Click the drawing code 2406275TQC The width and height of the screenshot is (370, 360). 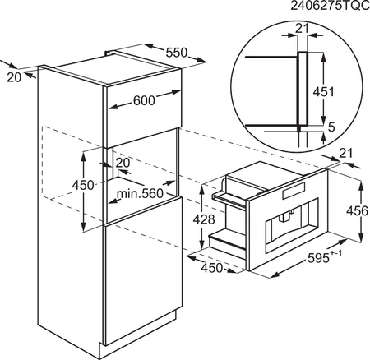330,6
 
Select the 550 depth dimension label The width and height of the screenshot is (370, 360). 176,53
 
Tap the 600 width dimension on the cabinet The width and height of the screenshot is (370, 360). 144,100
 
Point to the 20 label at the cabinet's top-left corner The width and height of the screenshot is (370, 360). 14,77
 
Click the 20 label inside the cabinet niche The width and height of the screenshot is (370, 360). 123,163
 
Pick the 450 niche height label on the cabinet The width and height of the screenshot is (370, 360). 83,186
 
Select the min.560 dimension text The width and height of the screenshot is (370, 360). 140,194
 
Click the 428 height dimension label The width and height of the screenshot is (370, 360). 204,219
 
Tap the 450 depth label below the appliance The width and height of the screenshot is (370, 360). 212,268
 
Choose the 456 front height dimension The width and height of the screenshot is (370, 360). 358,211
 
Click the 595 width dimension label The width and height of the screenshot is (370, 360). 318,258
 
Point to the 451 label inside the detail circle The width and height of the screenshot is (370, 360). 324,92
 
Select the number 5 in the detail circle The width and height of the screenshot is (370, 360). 331,127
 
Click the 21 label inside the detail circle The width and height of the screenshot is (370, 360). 302,29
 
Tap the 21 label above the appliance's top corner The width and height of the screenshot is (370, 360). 345,154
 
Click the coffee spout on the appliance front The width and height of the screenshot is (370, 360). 285,216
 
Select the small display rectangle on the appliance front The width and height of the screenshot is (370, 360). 294,191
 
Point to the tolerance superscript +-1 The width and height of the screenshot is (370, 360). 336,252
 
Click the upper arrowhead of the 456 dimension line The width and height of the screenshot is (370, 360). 361,185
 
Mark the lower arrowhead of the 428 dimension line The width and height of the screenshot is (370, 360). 202,244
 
